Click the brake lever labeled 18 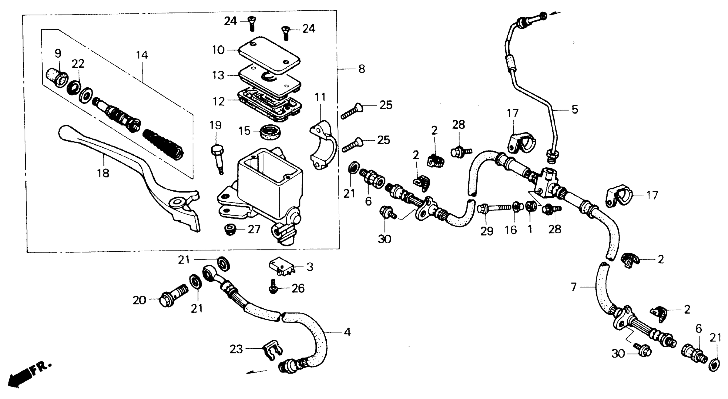pos(119,158)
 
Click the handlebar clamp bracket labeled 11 pos(323,145)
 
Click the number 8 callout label pos(361,69)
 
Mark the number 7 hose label pos(574,288)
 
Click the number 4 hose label pos(347,332)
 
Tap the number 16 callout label pos(511,230)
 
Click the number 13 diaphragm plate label pos(218,75)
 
